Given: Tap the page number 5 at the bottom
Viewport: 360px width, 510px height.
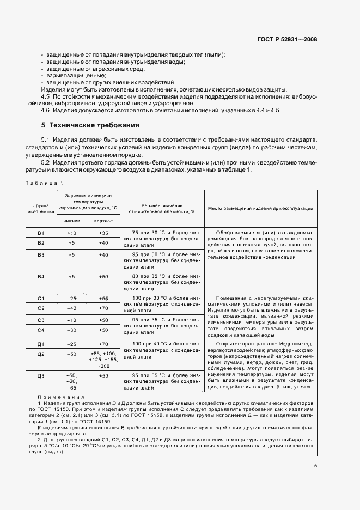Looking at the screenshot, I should (x=315, y=466).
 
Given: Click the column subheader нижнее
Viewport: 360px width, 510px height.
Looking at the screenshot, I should (x=71, y=221).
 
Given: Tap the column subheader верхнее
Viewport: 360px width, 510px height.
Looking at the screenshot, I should (x=103, y=221).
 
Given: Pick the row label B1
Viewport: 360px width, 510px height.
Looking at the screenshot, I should (x=40, y=233).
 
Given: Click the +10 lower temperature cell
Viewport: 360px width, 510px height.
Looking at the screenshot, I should (x=71, y=233).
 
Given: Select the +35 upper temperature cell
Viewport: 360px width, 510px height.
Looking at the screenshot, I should (x=103, y=233).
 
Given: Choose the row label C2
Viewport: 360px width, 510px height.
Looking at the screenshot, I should (x=40, y=308).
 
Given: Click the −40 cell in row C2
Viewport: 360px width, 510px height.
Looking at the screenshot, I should (x=71, y=308).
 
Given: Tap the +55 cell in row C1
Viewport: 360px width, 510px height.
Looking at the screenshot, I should (x=103, y=299).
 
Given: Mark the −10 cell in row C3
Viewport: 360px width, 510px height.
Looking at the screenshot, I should (x=71, y=320).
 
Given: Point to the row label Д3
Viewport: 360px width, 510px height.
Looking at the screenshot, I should (x=40, y=376).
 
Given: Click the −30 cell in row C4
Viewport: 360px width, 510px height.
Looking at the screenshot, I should (x=71, y=330).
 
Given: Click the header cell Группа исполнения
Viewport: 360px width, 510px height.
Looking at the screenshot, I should (x=40, y=208).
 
